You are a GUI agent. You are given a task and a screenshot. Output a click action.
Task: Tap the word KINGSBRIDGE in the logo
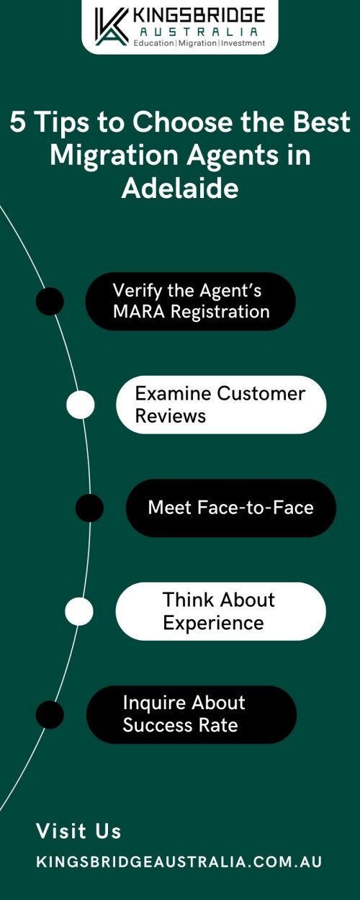point(199,16)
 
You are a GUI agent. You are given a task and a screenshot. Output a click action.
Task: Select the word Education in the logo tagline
point(153,43)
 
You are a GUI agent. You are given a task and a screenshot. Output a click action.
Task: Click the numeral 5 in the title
point(18,122)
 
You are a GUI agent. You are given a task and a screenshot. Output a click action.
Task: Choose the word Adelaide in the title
point(180,188)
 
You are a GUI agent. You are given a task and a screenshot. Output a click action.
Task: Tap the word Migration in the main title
point(114,155)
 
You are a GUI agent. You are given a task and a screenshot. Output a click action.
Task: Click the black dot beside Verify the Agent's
point(50,301)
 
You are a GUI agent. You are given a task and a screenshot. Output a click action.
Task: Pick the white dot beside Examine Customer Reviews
point(81,404)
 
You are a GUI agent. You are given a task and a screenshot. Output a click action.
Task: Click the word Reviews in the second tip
point(171,416)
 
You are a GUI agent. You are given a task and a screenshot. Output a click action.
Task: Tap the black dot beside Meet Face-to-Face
point(89,508)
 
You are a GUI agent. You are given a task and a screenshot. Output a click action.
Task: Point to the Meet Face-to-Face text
point(230,508)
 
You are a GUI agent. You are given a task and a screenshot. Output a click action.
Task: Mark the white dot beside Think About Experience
point(79,611)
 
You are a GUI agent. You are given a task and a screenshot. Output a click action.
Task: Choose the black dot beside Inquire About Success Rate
point(50,715)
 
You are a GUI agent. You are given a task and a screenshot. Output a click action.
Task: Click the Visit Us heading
point(78,831)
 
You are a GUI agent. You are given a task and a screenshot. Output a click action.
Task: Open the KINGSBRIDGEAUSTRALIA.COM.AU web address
point(179,862)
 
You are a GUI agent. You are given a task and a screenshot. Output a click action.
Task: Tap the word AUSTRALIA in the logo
point(199,32)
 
